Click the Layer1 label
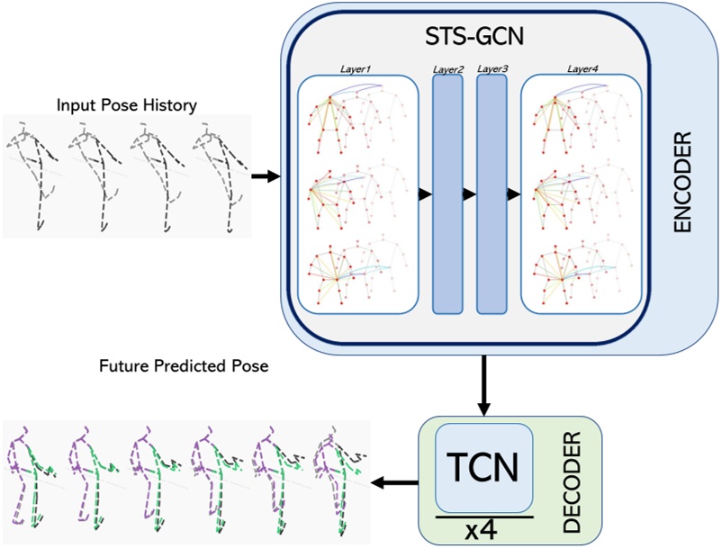pos(357,68)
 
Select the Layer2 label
pos(447,68)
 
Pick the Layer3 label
pos(491,68)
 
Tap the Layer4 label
pos(581,68)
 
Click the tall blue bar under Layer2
pos(447,193)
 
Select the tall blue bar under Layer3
pos(491,193)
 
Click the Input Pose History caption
pos(126,105)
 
